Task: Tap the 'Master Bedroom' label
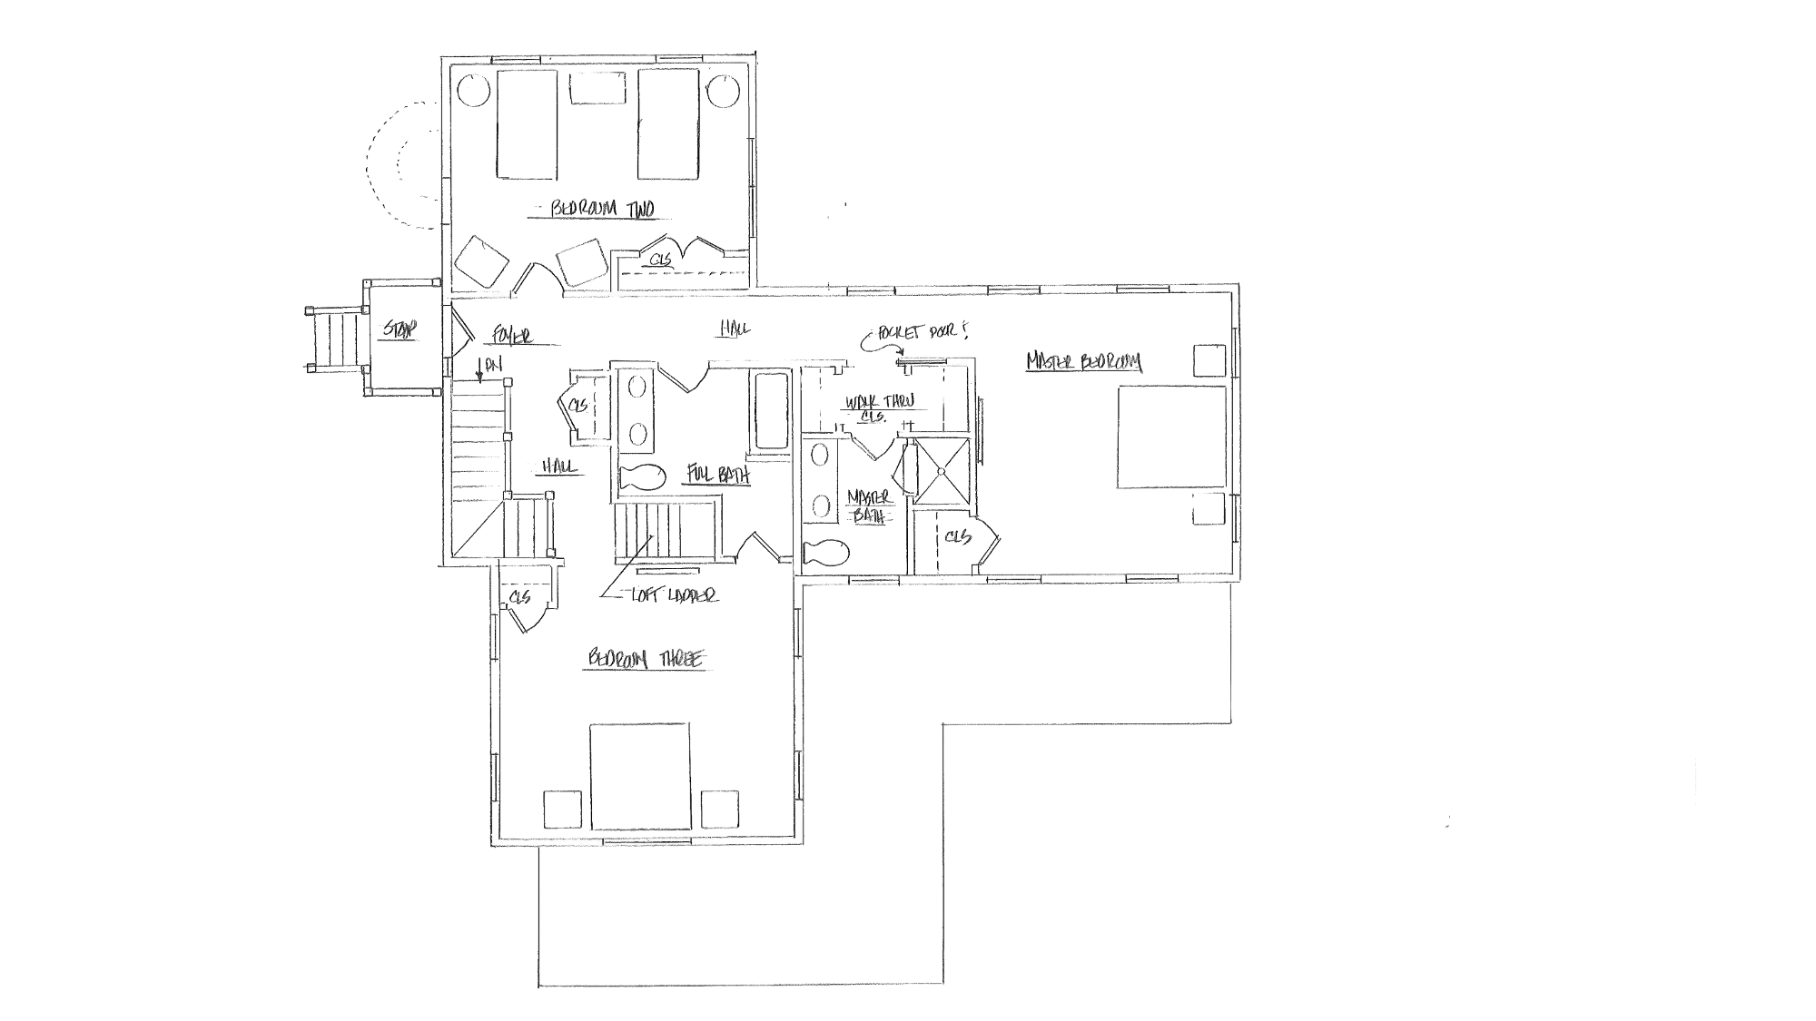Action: point(1084,363)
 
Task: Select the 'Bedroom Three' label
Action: point(645,661)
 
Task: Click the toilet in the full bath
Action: point(642,476)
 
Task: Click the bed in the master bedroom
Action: point(1171,437)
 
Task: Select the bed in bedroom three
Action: point(639,776)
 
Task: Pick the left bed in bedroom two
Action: point(526,124)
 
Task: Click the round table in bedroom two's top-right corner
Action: point(723,91)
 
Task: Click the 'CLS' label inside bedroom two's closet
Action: point(661,260)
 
